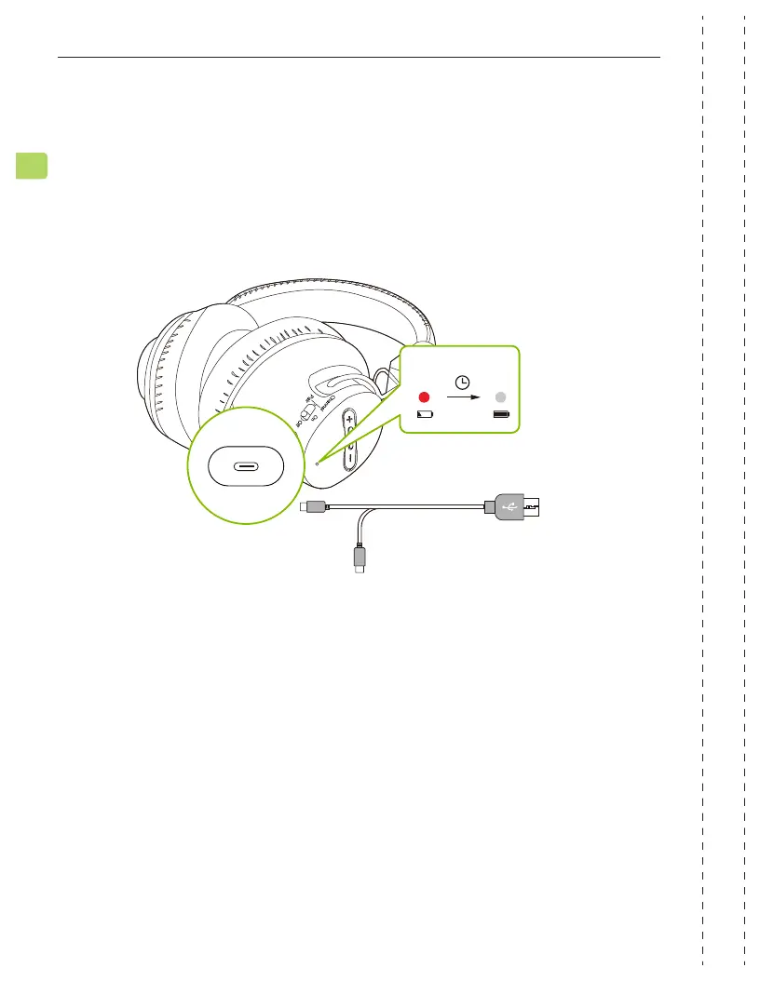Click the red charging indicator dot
[426, 394]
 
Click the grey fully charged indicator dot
[501, 394]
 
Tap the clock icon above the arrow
[463, 381]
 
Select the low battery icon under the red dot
[426, 413]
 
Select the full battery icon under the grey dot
[501, 413]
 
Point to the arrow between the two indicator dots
[463, 396]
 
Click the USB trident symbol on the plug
[510, 507]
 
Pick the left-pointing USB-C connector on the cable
[313, 507]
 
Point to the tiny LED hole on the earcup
[318, 463]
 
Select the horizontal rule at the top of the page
[359, 58]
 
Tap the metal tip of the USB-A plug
[539, 507]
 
